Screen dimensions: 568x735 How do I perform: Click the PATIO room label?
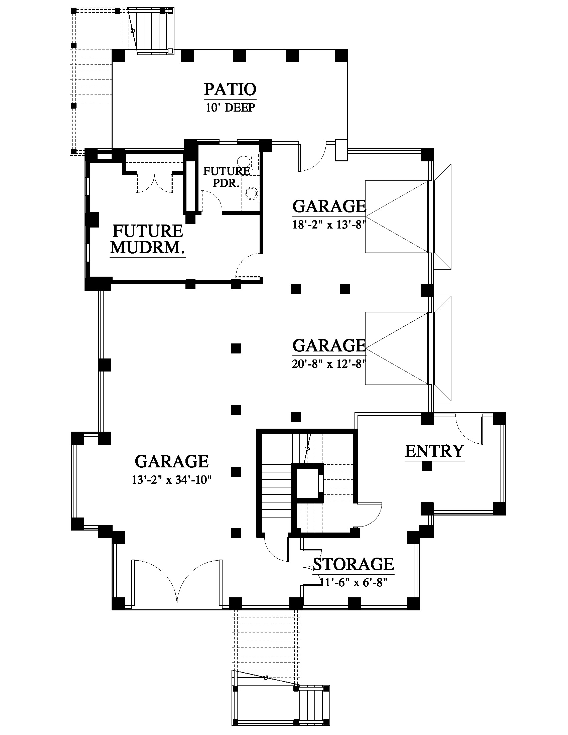point(230,89)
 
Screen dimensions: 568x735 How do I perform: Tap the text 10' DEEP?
point(230,108)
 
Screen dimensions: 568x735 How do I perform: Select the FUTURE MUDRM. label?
point(148,239)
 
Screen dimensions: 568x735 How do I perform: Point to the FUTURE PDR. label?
point(227,177)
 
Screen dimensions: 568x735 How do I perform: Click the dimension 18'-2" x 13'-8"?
point(329,225)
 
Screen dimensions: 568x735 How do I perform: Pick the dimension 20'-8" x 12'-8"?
point(329,364)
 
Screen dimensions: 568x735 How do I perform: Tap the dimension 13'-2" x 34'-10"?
point(172,479)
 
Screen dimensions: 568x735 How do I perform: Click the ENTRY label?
point(434,451)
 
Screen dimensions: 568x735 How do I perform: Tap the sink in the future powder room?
point(251,193)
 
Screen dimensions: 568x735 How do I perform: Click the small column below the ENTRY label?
point(427,466)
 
